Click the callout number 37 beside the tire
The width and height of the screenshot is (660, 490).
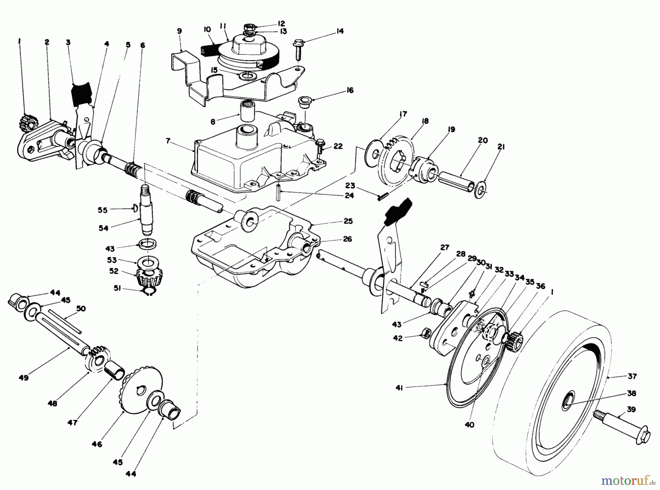coord(632,376)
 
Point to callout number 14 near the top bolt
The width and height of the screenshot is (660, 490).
coord(340,31)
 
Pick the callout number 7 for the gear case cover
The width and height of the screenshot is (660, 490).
coord(168,141)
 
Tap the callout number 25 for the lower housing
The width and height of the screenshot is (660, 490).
coord(348,221)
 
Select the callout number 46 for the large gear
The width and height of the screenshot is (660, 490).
coord(97,444)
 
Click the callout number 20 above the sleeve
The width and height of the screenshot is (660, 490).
coord(483,140)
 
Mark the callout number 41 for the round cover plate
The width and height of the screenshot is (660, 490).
coord(399,387)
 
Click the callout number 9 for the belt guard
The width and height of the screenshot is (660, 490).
coord(179,31)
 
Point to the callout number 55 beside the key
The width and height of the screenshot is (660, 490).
coord(102,210)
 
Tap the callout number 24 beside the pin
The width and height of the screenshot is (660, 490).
coord(349,195)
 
